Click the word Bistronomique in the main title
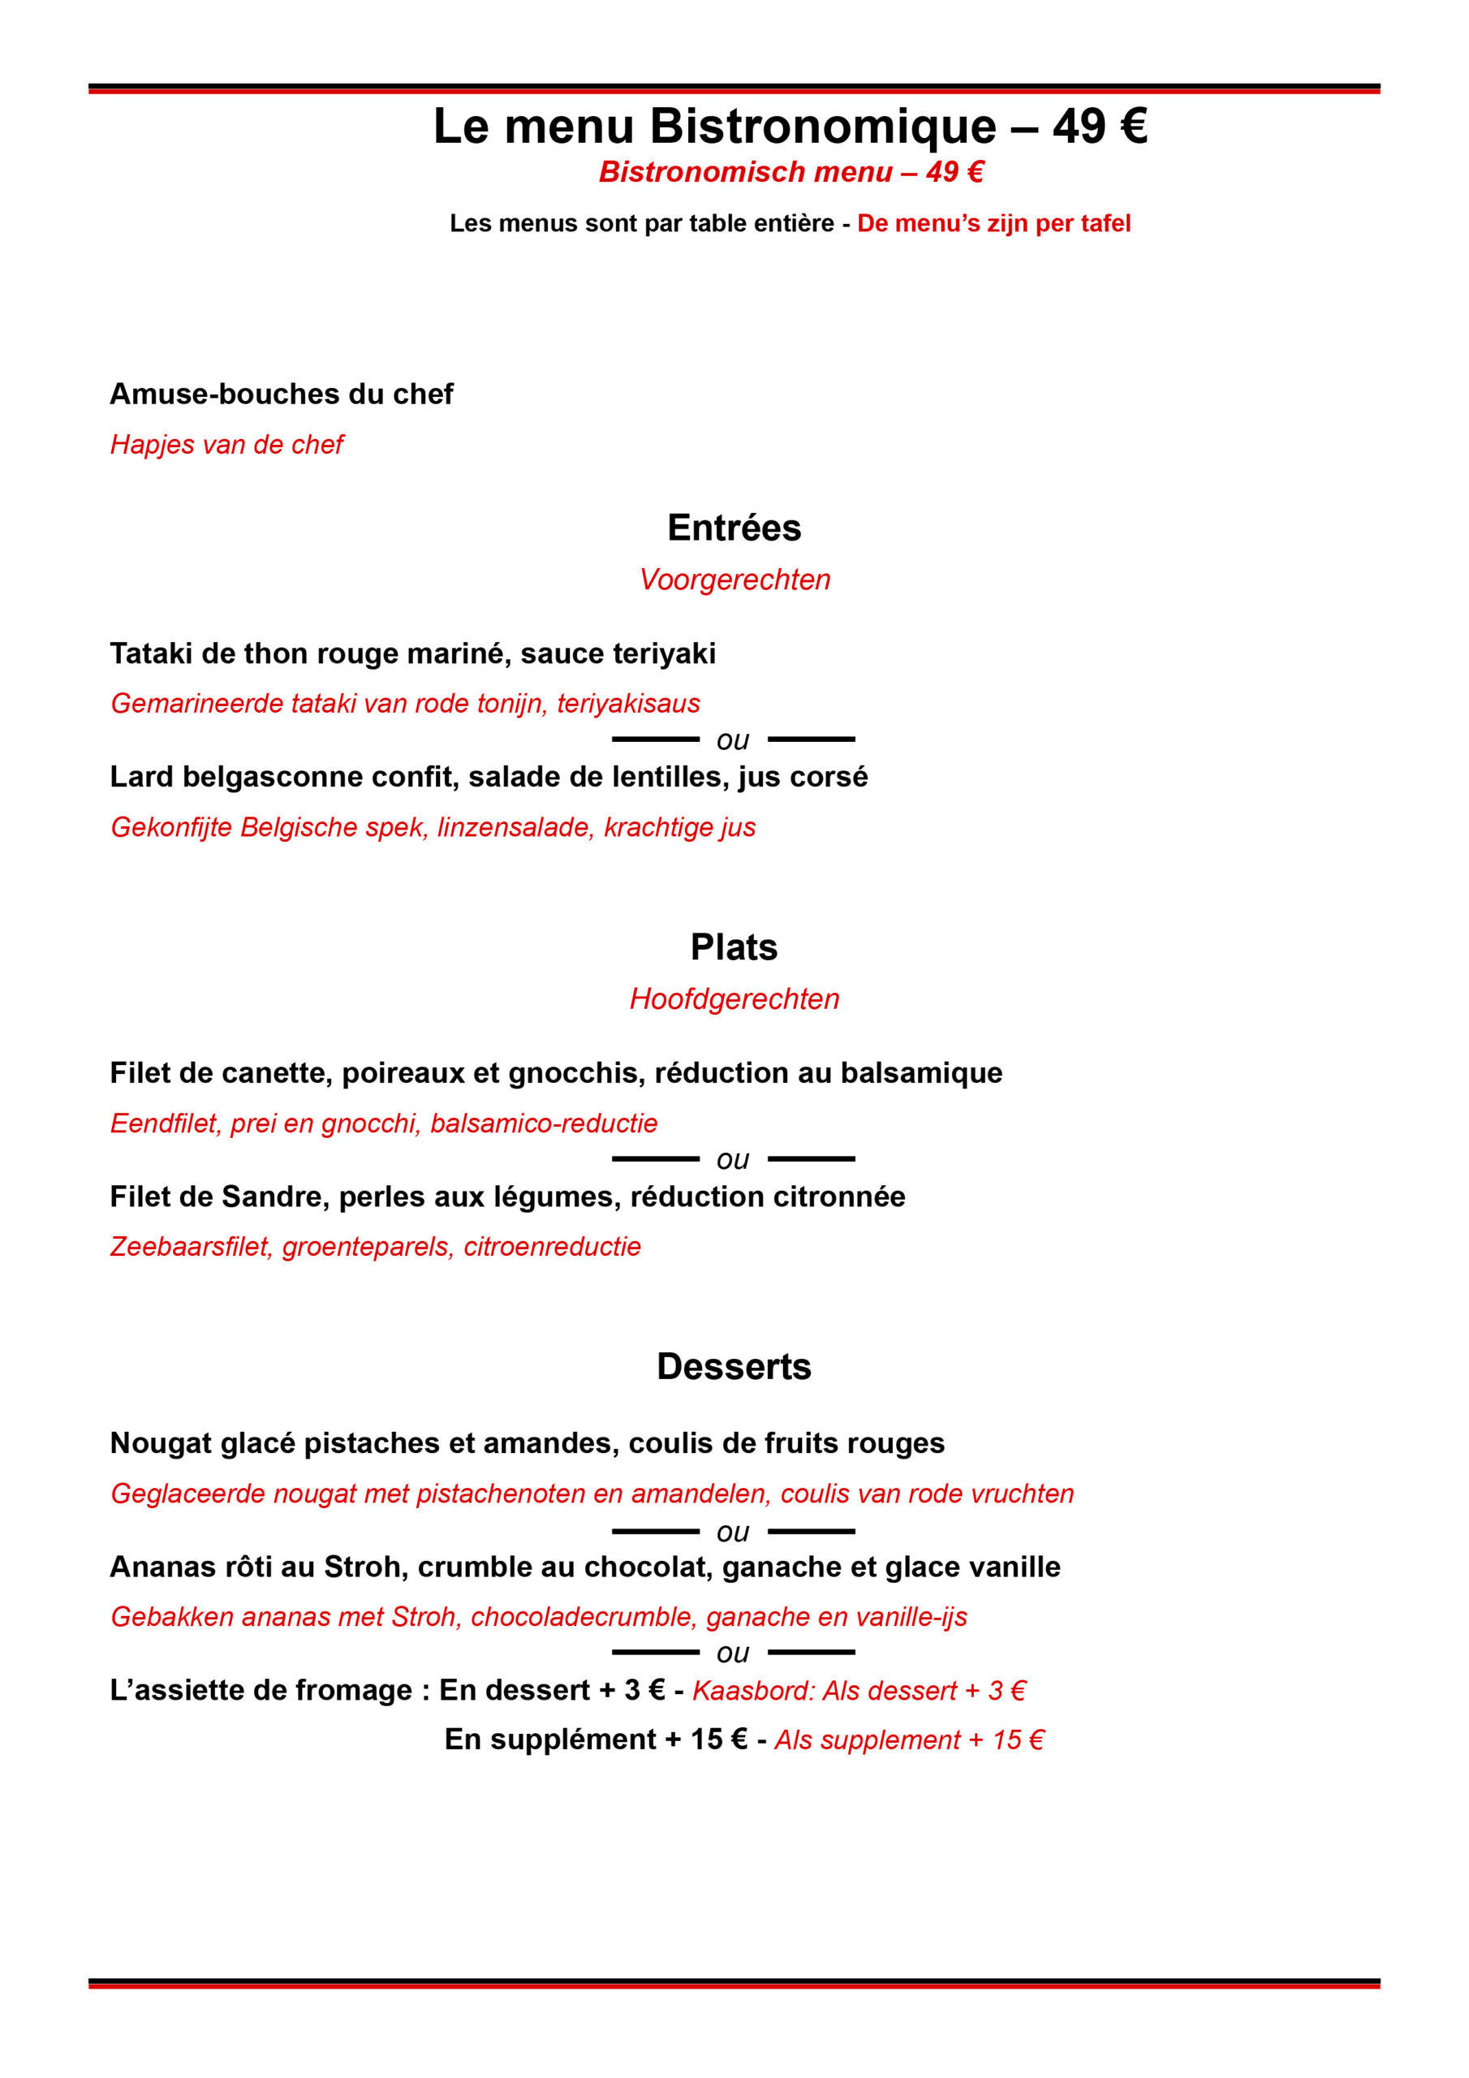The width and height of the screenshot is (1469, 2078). [823, 127]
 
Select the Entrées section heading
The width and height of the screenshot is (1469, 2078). [734, 528]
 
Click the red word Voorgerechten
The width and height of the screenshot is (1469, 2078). [734, 580]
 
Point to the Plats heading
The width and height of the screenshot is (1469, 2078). [734, 946]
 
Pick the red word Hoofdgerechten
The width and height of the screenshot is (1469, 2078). [734, 998]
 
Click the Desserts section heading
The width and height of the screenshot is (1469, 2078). [734, 1367]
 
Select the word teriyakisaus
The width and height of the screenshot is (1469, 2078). [628, 703]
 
